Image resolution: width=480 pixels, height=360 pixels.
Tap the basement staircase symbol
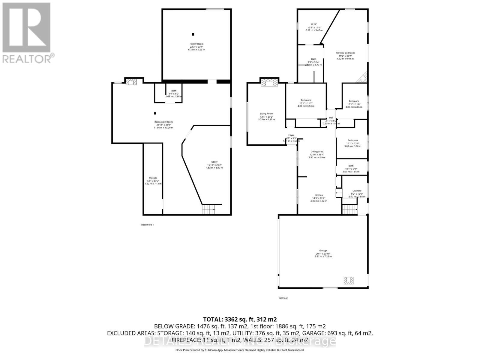208,209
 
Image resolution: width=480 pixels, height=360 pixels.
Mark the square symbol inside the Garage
349,280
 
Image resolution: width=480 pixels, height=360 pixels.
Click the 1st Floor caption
283,298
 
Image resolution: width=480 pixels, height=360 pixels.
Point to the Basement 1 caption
147,225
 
